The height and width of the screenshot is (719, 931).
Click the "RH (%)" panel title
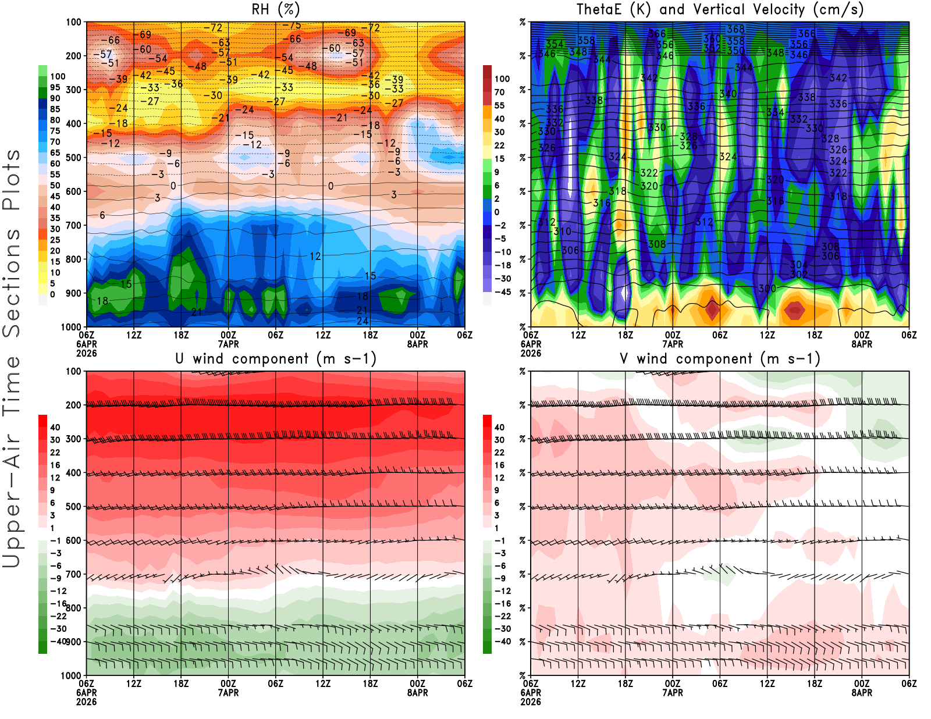coord(276,9)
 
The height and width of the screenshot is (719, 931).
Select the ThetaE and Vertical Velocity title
coord(720,9)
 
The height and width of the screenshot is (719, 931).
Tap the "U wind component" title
coord(276,358)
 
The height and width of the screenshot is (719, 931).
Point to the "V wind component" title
coord(720,358)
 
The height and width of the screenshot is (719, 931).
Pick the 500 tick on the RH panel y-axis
coord(73,158)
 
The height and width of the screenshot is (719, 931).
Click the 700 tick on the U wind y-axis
coord(73,574)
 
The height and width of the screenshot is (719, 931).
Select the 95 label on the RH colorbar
coord(55,87)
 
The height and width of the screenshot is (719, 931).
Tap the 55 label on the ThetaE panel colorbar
coord(499,105)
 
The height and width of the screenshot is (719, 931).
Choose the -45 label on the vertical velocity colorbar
coord(502,292)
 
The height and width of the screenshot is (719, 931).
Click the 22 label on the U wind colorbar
coord(55,453)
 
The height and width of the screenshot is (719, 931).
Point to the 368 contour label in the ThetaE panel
coord(735,29)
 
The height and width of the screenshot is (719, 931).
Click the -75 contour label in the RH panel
coord(292,26)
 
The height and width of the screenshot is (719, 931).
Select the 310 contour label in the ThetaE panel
coord(562,232)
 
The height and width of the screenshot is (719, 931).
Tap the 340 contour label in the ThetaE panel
coord(728,94)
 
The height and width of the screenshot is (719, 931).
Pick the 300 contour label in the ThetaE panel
coord(767,289)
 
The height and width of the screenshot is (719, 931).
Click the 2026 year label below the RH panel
coord(86,353)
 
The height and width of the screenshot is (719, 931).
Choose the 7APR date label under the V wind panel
coord(673,693)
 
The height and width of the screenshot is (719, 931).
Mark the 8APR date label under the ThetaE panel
coord(862,344)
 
